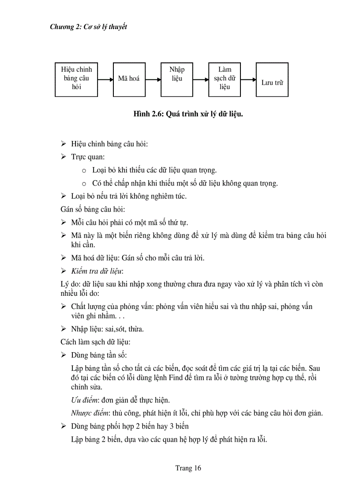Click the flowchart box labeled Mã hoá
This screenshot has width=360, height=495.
[129, 79]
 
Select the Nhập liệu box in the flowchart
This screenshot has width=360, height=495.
[176, 79]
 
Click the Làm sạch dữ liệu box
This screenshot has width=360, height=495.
[225, 79]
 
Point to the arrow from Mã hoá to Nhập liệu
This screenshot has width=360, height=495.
[153, 80]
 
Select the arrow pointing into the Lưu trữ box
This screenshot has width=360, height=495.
[249, 80]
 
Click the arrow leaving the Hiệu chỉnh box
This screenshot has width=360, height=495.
[105, 80]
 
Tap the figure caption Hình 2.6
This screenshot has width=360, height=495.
[188, 114]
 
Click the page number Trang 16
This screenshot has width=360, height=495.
[188, 468]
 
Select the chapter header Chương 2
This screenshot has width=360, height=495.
[88, 27]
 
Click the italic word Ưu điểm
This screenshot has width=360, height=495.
[84, 400]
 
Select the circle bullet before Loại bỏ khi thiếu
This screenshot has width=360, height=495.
[84, 170]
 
